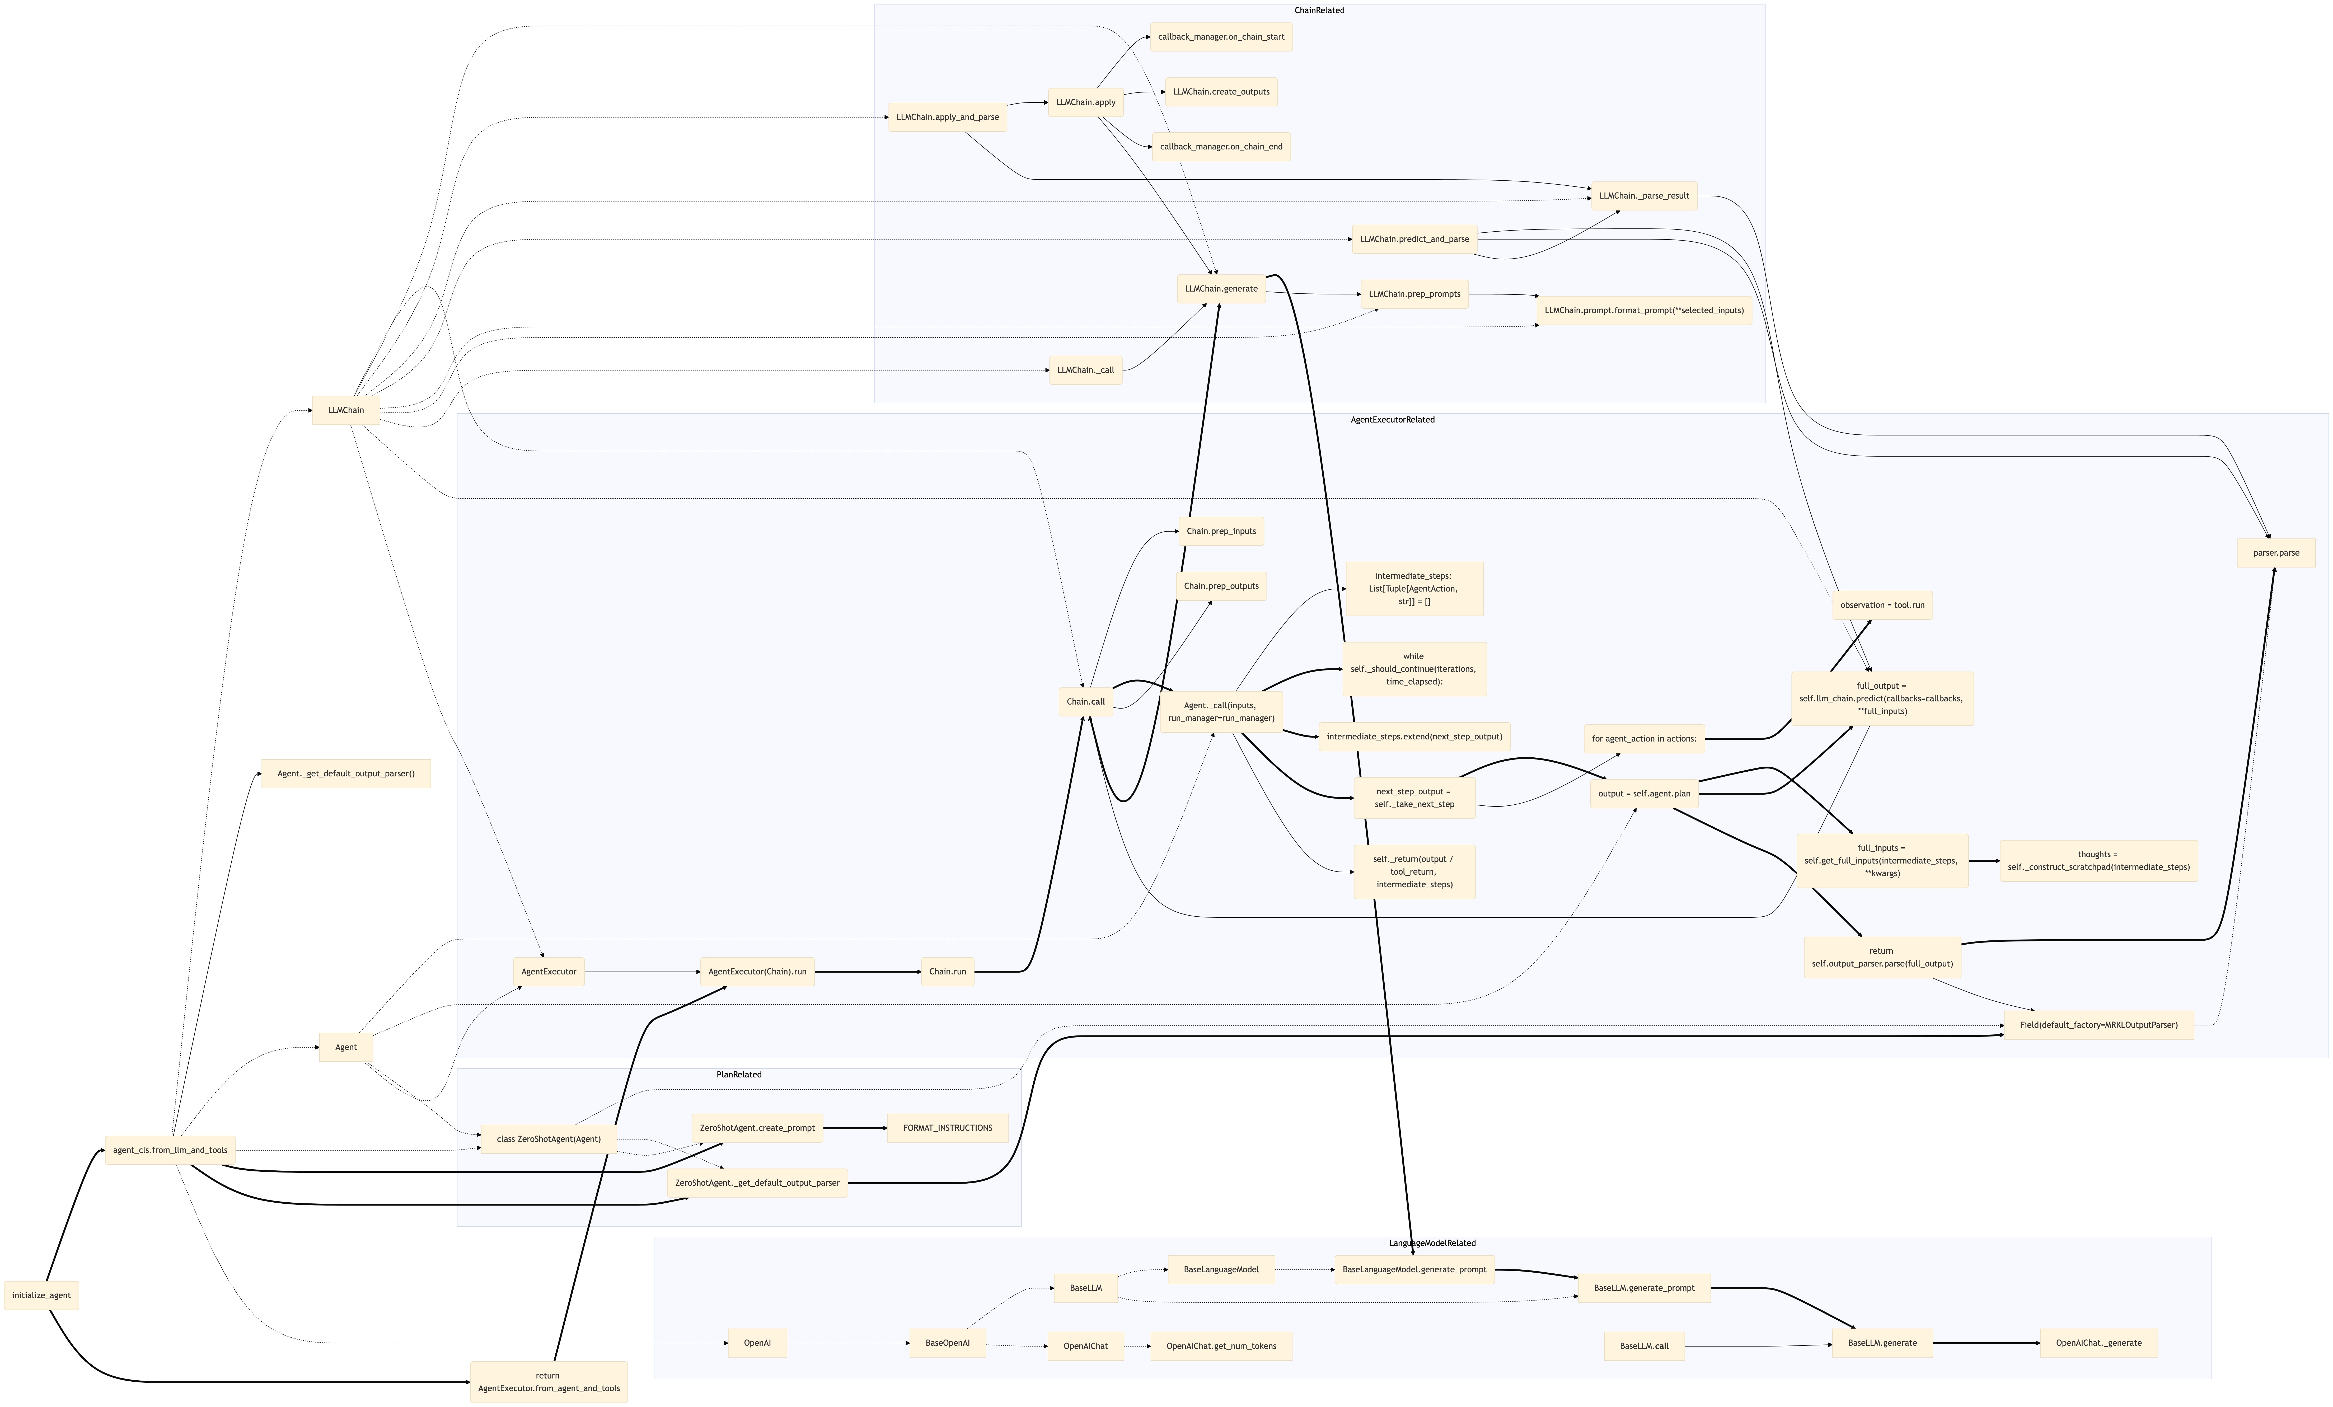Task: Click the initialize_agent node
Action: point(42,1295)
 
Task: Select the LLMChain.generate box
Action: point(1221,289)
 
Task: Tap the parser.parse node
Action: point(2276,553)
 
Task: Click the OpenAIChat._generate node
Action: point(2098,1343)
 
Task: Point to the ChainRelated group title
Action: point(1319,10)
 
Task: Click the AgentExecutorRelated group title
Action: point(1392,419)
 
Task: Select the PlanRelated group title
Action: point(738,1075)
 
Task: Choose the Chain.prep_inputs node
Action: point(1221,531)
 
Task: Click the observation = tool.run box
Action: point(1882,605)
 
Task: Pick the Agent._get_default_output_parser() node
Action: point(346,773)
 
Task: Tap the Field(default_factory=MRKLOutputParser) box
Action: point(2098,1024)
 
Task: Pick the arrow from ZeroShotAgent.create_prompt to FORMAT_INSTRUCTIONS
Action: point(855,1128)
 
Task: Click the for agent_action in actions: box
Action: point(1644,739)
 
